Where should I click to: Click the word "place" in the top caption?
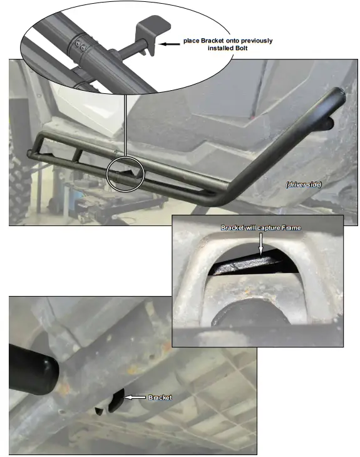pos(192,41)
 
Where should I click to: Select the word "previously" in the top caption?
pos(255,41)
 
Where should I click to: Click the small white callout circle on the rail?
pos(125,173)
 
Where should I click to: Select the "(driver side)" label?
pos(304,185)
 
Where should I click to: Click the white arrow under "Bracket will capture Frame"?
pos(261,245)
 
